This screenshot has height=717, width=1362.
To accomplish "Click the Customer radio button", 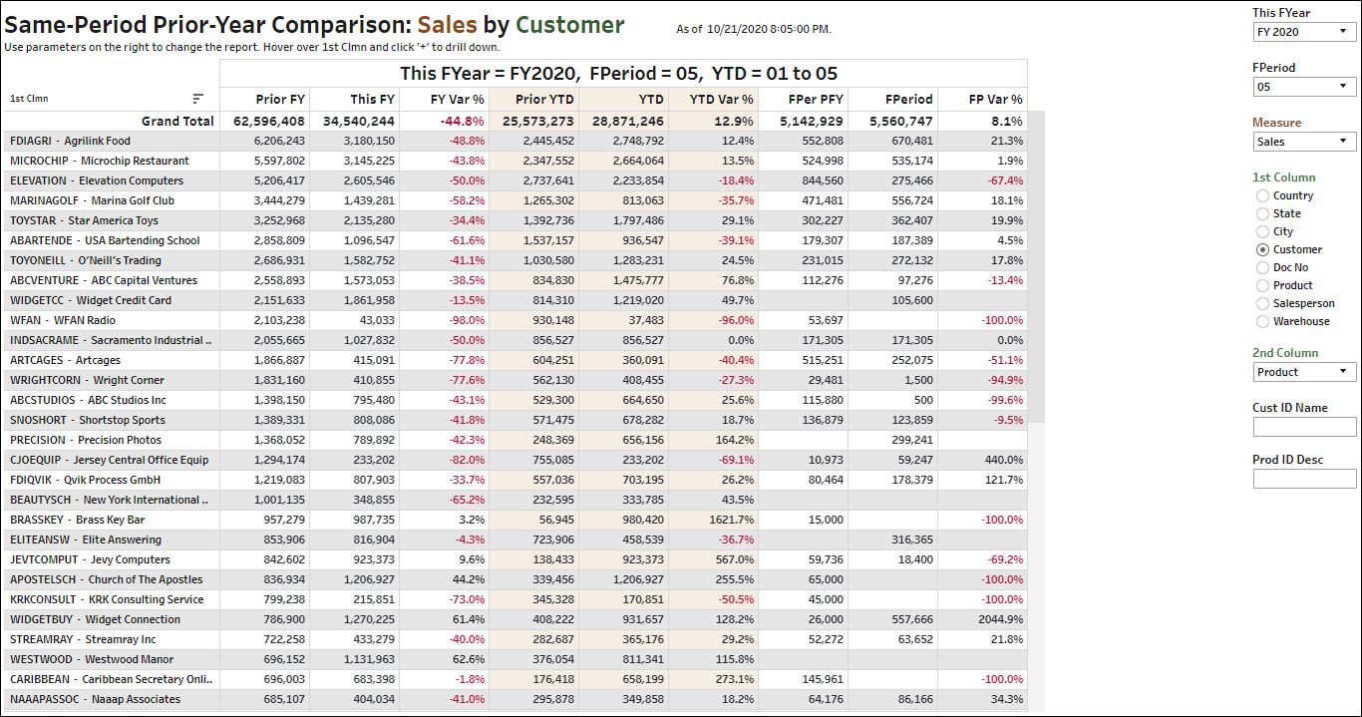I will pos(1263,249).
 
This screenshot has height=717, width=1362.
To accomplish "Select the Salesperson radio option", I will pos(1263,303).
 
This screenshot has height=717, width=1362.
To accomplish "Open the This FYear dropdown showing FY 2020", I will pos(1304,32).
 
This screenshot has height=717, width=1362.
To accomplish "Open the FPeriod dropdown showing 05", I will pos(1304,87).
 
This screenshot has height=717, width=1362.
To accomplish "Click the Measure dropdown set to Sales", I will pos(1304,142).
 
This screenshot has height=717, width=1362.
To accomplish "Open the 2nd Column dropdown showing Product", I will pos(1304,372).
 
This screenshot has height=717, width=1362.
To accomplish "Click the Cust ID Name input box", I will pos(1304,427).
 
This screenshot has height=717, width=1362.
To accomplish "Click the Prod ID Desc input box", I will pos(1304,479).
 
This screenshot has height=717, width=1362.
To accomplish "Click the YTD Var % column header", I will pos(724,99).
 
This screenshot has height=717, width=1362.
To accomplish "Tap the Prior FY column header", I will pos(280,99).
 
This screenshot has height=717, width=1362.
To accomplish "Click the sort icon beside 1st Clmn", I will pos(198,99).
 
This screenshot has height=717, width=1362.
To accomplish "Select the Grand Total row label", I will pos(177,121).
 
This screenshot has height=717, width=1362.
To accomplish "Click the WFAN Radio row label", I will pos(63,320).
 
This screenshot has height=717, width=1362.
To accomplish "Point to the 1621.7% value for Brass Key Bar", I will pos(731,520).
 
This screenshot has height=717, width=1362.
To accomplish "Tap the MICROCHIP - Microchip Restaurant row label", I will pos(100,161).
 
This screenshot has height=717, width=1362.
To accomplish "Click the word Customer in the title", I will pos(570,25).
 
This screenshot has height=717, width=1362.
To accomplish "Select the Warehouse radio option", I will pos(1263,321).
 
